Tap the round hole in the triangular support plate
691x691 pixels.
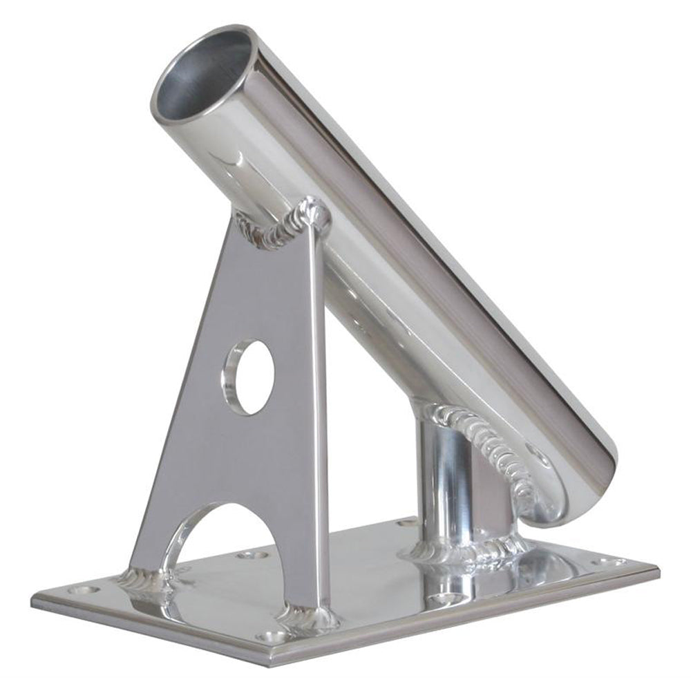click(x=249, y=377)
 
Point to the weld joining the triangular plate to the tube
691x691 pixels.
click(x=283, y=221)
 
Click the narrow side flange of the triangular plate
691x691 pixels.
click(x=318, y=415)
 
